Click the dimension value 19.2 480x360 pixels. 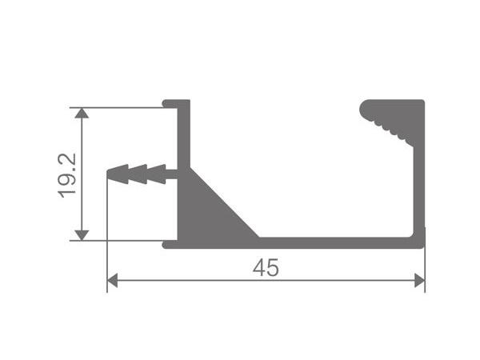tap(67, 174)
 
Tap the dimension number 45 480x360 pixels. tap(266, 268)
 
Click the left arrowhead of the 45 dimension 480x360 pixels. tap(113, 280)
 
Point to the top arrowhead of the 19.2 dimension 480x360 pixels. tap(81, 114)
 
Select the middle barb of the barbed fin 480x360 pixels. tap(138, 173)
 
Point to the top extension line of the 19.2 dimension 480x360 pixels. tap(120, 107)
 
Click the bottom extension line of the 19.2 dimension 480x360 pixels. tap(120, 239)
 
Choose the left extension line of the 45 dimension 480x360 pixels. tap(107, 240)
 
